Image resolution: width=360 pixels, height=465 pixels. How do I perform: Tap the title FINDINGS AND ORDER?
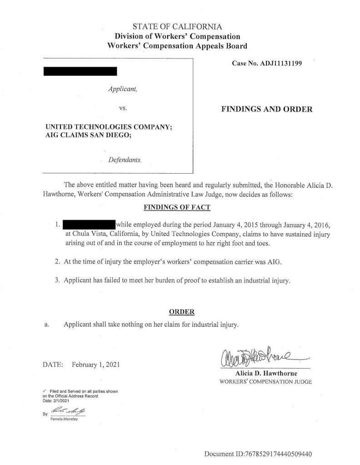coord(266,109)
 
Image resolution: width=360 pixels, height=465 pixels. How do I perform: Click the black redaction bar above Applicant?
coord(80,71)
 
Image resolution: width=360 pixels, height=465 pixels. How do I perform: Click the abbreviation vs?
coord(122,109)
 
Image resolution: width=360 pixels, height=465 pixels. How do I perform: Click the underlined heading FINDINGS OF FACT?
coord(177,207)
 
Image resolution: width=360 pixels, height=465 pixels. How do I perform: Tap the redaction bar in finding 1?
coord(89,225)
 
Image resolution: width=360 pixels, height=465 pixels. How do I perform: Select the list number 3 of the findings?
coord(57,280)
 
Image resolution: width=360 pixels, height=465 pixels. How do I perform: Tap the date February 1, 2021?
coord(96,365)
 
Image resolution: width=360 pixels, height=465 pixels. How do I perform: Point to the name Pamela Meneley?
coord(64,419)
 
